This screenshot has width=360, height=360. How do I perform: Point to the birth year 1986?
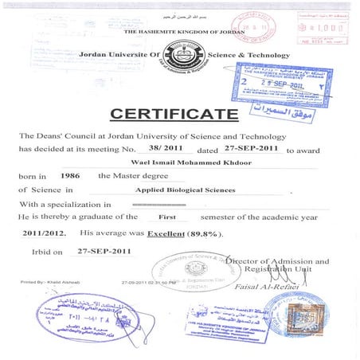coord(70,174)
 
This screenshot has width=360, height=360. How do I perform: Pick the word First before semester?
coord(166,217)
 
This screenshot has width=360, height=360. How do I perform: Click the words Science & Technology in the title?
coord(254,58)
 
